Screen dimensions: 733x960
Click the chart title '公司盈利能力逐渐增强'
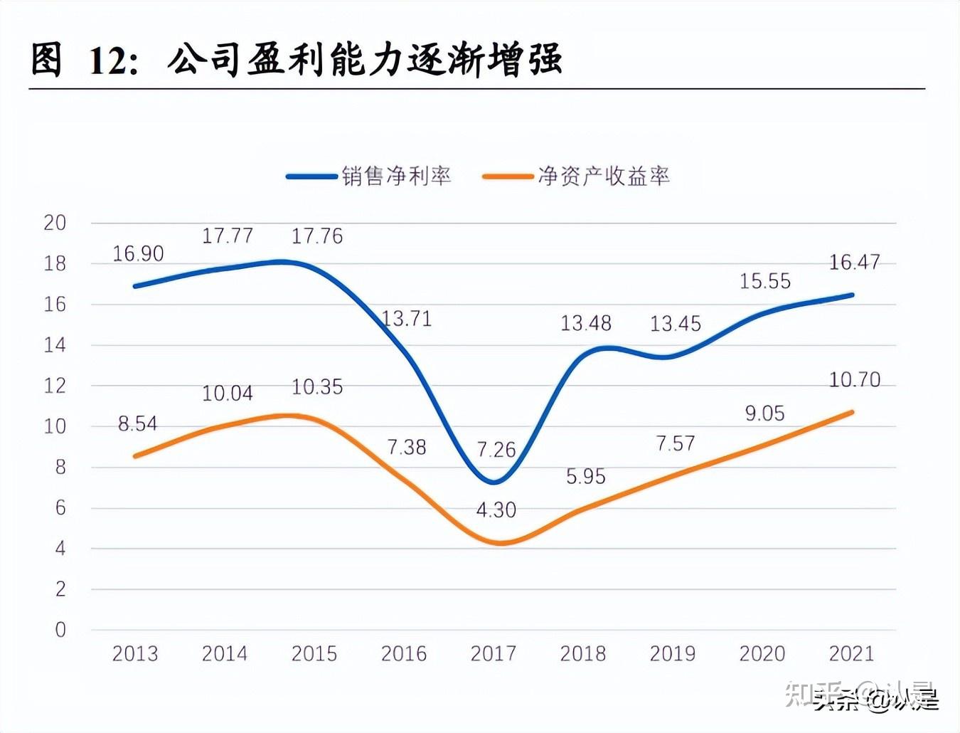pos(365,59)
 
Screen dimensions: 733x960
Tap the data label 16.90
pos(138,253)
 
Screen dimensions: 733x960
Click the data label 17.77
pos(228,236)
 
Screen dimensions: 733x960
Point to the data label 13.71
pos(407,318)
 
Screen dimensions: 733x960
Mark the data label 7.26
pos(496,450)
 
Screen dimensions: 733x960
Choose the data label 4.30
pos(496,510)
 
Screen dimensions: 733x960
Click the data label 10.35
pos(317,387)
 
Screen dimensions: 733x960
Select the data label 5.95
pos(585,476)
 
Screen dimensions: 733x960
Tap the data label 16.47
pos(854,263)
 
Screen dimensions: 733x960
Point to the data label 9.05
pos(764,413)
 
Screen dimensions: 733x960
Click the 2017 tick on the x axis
pos(493,653)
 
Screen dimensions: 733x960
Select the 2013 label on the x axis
pos(135,653)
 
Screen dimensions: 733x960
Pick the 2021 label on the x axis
pos(851,653)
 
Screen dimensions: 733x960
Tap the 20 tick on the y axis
pos(55,223)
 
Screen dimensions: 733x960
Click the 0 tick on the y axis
pos(60,630)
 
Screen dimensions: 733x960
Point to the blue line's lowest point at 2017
pos(494,482)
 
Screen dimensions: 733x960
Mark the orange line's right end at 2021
pos(852,412)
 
